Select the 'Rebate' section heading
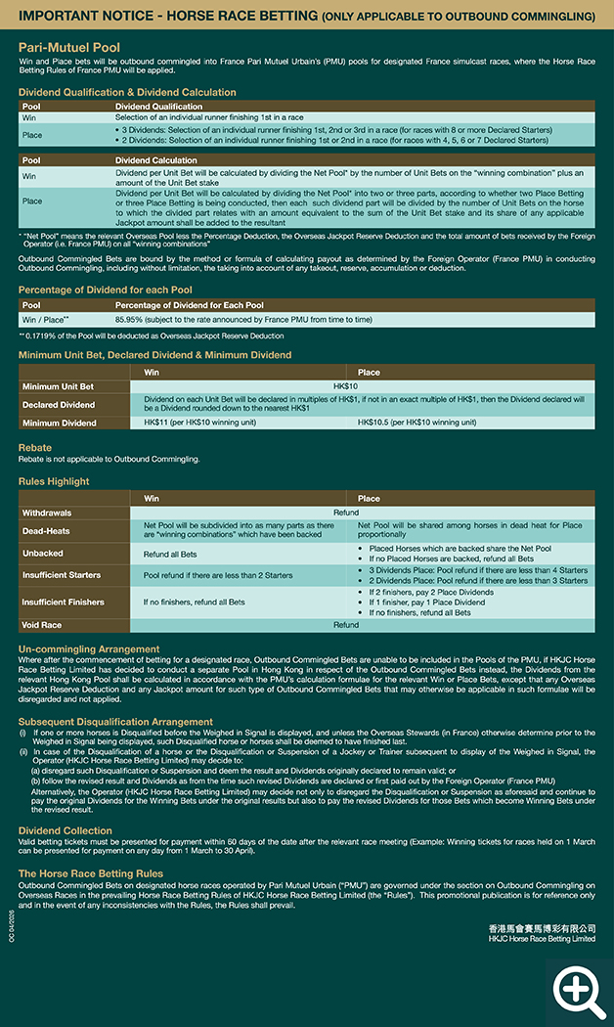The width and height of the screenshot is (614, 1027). pyautogui.click(x=35, y=447)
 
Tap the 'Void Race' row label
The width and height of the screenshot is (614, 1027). pyautogui.click(x=42, y=624)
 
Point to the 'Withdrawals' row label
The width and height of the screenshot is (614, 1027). pyautogui.click(x=47, y=513)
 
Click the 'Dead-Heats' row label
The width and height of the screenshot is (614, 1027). pyautogui.click(x=45, y=531)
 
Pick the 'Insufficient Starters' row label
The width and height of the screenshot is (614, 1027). pyautogui.click(x=61, y=575)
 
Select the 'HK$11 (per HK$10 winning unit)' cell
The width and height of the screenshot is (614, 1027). pyautogui.click(x=199, y=423)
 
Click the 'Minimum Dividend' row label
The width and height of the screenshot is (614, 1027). pyautogui.click(x=59, y=423)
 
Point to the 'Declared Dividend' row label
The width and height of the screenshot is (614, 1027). pyautogui.click(x=59, y=404)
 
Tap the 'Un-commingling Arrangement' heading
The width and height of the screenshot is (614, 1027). pyautogui.click(x=89, y=648)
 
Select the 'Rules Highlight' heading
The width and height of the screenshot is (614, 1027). pyautogui.click(x=54, y=481)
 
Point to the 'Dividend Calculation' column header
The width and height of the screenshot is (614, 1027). pyautogui.click(x=156, y=159)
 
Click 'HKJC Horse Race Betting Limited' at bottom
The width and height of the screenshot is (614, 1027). pyautogui.click(x=541, y=938)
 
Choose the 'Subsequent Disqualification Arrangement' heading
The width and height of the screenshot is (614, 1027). pyautogui.click(x=115, y=722)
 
